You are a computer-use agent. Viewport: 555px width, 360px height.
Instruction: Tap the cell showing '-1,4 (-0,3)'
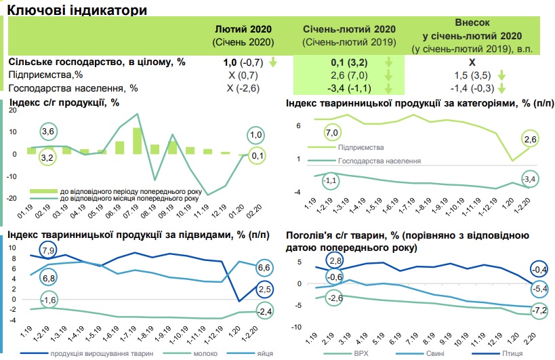pos(468,87)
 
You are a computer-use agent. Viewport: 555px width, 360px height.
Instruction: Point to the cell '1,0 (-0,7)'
pos(243,62)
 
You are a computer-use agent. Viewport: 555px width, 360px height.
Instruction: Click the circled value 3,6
pos(47,131)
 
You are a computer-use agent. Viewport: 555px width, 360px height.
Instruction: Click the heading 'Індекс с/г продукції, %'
pos(64,103)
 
